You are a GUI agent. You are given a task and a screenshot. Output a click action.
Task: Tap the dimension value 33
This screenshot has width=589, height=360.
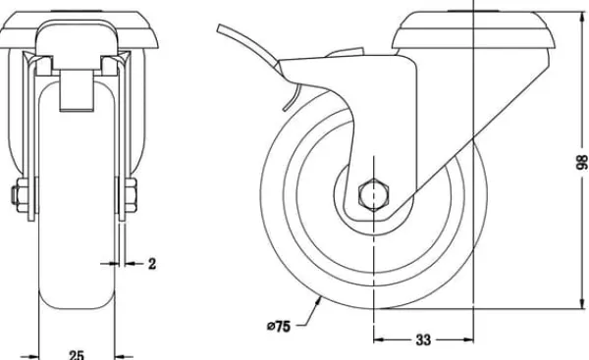pos(423,340)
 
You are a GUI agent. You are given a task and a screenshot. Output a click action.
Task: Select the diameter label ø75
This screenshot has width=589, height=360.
pos(279,327)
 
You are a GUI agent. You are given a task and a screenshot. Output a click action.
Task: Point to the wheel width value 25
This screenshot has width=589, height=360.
pos(77,355)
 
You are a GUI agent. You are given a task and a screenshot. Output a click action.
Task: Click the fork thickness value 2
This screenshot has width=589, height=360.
pos(152,264)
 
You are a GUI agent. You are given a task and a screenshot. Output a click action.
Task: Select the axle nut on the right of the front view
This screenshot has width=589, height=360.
pos(130,195)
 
